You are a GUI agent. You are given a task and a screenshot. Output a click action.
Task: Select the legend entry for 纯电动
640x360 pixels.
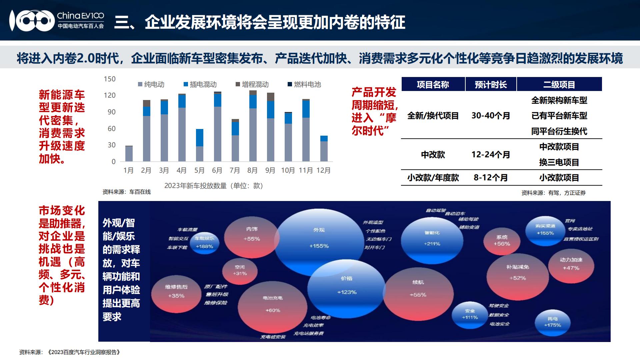(x=151, y=84)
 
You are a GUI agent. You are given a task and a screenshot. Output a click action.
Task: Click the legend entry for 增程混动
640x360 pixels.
(x=252, y=84)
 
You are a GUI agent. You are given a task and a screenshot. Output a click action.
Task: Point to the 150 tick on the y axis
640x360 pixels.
(x=110, y=79)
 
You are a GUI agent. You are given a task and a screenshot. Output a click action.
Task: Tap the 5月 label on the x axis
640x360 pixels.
(x=199, y=170)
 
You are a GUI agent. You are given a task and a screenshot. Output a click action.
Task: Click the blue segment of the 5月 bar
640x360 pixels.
(x=199, y=138)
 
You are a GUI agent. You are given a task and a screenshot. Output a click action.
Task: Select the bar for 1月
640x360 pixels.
(x=129, y=154)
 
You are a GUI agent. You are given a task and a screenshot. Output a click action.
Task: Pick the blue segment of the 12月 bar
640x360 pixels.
(x=324, y=139)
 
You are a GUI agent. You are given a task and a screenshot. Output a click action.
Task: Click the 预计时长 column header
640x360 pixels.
(x=491, y=84)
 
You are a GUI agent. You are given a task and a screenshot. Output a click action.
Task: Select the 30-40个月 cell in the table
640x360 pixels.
(x=491, y=116)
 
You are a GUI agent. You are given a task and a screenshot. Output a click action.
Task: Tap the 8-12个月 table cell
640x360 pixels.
(x=491, y=178)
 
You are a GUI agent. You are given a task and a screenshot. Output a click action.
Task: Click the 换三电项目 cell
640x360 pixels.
(x=559, y=162)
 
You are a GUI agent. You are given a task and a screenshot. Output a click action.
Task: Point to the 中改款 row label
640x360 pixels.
(x=433, y=155)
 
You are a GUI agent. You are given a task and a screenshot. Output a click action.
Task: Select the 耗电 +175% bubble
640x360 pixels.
(x=552, y=322)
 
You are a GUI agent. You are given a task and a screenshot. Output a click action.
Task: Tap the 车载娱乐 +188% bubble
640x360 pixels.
(x=204, y=243)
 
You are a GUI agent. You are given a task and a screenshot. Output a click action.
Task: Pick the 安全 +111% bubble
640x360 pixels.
(x=470, y=314)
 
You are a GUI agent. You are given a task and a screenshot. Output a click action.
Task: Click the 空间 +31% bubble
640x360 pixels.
(x=240, y=270)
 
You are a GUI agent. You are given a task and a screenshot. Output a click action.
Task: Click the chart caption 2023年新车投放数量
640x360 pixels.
(x=214, y=186)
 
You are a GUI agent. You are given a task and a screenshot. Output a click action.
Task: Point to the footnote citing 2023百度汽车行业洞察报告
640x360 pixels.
(x=70, y=352)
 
